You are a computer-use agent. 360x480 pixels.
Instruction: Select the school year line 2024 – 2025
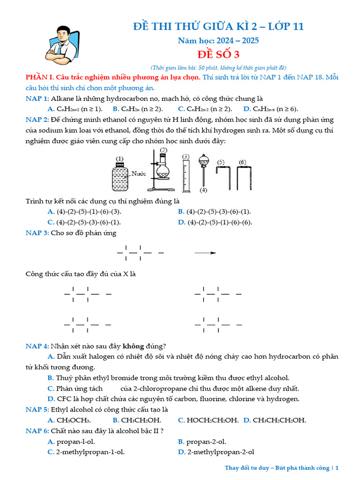point(218,40)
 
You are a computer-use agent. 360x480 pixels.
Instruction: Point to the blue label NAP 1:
point(37,98)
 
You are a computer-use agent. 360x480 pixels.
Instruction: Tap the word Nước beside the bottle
point(139,173)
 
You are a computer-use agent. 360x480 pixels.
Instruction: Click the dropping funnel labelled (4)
point(203,171)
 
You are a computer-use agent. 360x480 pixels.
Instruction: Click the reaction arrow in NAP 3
point(205,253)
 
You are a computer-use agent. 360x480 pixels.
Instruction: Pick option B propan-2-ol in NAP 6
point(206,442)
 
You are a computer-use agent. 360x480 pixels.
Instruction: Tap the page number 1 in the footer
point(337,468)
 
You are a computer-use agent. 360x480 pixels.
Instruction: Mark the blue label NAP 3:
point(37,233)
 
